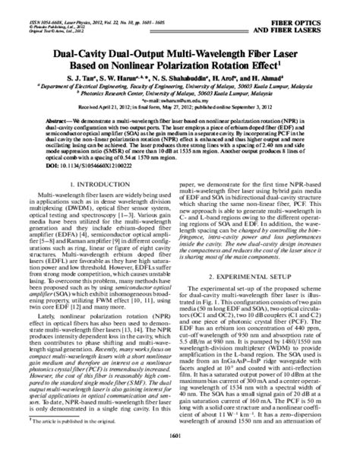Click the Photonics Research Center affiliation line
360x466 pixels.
[179, 95]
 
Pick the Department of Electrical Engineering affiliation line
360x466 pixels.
[179, 87]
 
